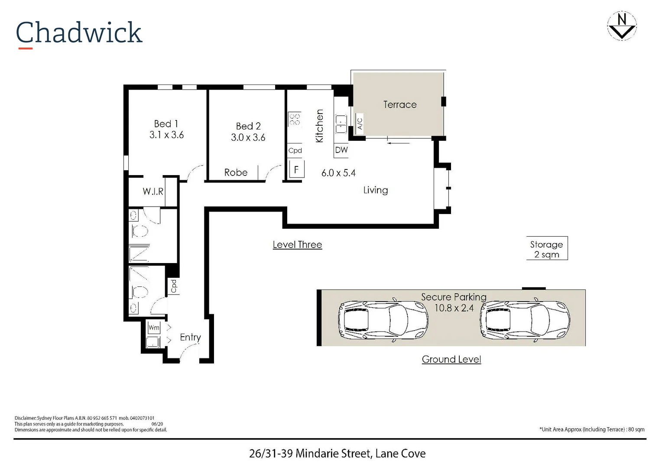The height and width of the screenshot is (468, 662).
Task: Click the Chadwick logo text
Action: pos(79,32)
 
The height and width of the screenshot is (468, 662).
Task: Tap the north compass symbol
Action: pos(622,26)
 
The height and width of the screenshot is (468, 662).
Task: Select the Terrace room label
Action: pos(399,104)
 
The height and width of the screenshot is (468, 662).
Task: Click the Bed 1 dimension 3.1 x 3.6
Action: pos(166,135)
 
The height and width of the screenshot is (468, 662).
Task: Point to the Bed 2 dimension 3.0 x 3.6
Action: pos(248,137)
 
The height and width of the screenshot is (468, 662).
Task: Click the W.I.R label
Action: pos(153,191)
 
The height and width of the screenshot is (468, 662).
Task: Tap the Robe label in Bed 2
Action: pos(236,172)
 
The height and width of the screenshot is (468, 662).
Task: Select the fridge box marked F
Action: pos(296,169)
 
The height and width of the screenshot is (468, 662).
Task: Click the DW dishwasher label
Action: pos(341,150)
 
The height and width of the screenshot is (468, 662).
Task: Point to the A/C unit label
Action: pos(360,123)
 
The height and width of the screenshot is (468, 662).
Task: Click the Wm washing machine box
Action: pos(154,328)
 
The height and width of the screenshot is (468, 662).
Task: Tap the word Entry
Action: pos(190,337)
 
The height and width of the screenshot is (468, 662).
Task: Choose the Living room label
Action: pos(375,190)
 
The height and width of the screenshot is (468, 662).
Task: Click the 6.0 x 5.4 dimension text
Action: pos(338,173)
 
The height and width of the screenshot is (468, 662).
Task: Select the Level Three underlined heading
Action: pos(297,244)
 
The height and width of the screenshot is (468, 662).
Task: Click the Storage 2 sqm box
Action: pos(547,249)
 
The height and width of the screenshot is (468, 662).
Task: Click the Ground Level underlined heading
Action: pos(451,359)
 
